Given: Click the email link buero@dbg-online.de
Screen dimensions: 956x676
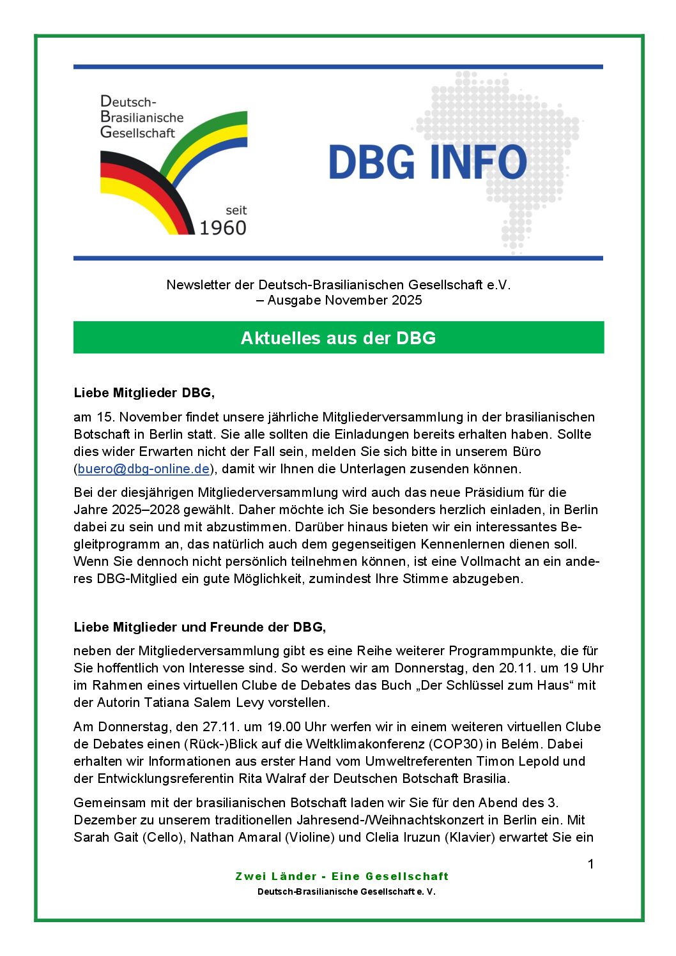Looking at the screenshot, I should (x=144, y=469).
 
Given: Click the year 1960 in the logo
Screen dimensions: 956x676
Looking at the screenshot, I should (x=223, y=228).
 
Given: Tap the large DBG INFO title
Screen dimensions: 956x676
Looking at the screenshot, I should (x=427, y=162).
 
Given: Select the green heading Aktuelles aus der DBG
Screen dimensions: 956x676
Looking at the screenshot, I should (x=338, y=338).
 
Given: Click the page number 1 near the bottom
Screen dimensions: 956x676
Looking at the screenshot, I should (x=590, y=864).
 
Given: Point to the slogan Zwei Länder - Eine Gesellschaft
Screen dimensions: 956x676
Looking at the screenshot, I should (x=342, y=876).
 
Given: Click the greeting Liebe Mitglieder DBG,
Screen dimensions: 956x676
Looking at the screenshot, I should (x=144, y=393).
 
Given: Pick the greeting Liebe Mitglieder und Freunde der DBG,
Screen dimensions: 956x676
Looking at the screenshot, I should (x=199, y=627).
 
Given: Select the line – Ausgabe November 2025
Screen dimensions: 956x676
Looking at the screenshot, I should (x=339, y=300).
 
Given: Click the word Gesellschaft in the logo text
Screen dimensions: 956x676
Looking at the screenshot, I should (x=137, y=133).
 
